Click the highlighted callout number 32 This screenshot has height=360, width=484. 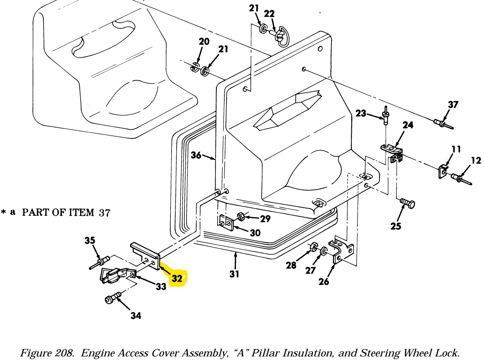click(x=177, y=278)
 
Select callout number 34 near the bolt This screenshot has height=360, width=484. click(x=136, y=315)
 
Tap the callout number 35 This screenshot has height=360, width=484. click(x=90, y=240)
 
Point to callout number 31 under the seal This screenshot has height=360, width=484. click(x=234, y=274)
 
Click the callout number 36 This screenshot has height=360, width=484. click(x=196, y=155)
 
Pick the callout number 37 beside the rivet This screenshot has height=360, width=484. click(x=453, y=105)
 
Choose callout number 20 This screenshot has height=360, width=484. click(x=204, y=41)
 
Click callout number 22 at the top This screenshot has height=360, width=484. click(x=269, y=14)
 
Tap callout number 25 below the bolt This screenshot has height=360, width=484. click(x=396, y=226)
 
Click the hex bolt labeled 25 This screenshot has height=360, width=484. click(x=407, y=204)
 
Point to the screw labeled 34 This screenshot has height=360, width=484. click(x=113, y=298)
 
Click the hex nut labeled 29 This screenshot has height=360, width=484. click(x=241, y=217)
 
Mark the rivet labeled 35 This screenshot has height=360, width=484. click(x=99, y=263)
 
